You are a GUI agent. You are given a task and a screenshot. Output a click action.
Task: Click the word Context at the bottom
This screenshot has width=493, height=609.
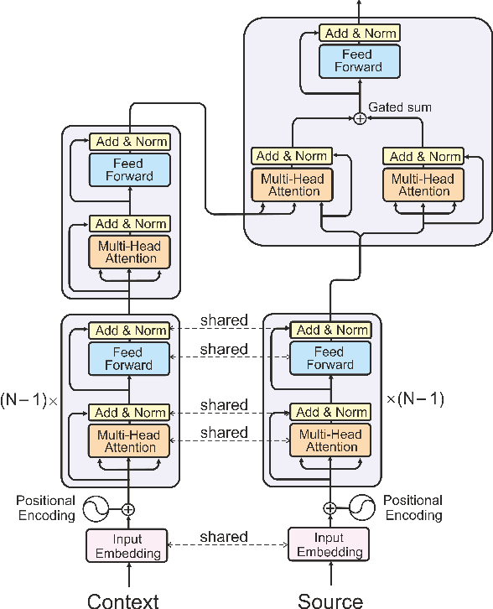(122, 599)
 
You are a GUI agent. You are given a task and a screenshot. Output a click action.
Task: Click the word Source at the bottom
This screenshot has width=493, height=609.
(330, 599)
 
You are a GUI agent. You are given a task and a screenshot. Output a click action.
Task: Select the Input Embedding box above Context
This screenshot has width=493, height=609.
(128, 545)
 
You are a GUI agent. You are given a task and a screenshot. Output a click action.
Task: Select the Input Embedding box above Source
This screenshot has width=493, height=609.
(329, 545)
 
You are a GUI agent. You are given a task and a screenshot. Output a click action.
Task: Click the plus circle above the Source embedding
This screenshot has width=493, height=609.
(330, 508)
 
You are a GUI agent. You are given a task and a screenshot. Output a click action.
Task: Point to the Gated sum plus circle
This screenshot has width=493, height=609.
(360, 118)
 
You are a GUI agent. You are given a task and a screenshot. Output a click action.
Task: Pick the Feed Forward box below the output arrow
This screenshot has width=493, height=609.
(359, 60)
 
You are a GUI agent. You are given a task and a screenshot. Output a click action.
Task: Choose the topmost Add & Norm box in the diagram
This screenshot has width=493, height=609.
(359, 34)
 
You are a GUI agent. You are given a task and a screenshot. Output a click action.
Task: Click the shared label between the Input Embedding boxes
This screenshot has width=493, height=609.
(224, 537)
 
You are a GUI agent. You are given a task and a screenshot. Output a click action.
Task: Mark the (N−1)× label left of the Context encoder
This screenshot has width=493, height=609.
(29, 399)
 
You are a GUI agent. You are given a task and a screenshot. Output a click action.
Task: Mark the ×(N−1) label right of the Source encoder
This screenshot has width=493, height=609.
(414, 399)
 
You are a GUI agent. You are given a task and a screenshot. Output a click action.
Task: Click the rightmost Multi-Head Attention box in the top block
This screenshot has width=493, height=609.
(423, 185)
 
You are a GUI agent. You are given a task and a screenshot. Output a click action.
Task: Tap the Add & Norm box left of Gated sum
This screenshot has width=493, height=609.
(291, 156)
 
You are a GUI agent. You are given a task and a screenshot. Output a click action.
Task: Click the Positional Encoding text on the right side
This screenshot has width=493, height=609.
(413, 507)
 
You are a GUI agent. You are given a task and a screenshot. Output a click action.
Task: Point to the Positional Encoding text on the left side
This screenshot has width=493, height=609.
(46, 507)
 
